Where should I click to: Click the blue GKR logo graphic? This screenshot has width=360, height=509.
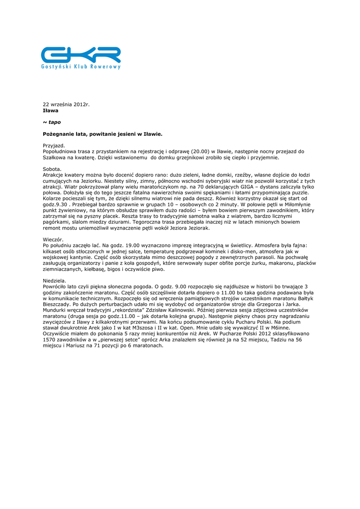tap(81, 54)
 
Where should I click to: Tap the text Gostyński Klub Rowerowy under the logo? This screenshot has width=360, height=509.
tap(81, 67)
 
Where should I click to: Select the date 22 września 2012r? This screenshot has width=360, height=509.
tap(66, 104)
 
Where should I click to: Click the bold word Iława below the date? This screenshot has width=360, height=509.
tap(50, 110)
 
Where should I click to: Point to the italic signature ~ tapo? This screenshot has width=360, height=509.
tap(52, 122)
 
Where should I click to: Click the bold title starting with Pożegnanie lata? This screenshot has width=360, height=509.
tap(102, 134)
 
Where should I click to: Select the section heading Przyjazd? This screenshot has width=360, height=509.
tap(54, 145)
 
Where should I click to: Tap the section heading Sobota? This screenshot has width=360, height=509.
tap(52, 169)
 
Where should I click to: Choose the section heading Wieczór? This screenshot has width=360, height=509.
tap(53, 240)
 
